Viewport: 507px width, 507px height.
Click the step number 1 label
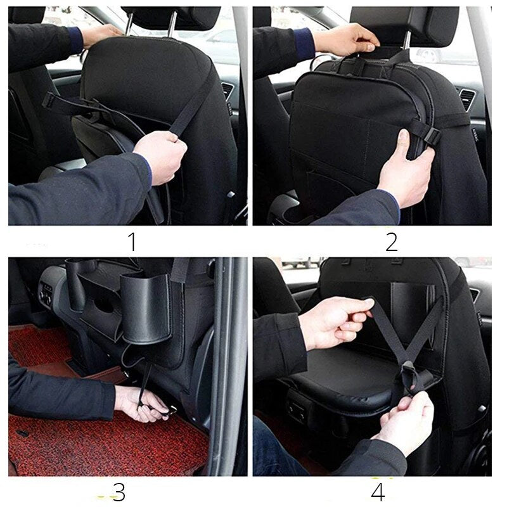coord(132,241)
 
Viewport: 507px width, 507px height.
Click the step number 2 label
coord(391,241)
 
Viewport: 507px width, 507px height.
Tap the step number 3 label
coord(118,492)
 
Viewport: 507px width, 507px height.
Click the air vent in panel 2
coord(466,99)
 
